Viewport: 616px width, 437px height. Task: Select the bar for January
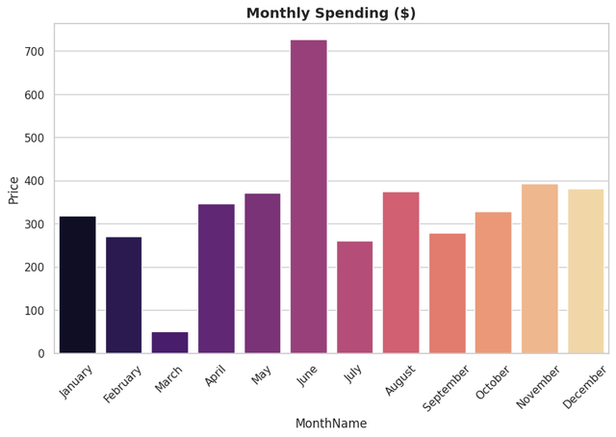77,285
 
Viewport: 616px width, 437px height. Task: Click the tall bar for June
308,196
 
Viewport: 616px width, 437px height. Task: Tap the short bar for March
169,343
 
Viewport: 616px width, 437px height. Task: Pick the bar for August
400,272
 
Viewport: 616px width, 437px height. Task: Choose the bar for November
539,269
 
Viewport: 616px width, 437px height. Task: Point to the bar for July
354,297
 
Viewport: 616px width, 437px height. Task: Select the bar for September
447,294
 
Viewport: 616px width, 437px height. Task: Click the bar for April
216,279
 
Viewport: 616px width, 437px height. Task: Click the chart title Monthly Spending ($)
331,13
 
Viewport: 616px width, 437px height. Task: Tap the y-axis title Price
13,190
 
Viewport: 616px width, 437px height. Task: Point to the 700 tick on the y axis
35,52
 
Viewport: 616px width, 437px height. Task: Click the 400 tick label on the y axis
35,181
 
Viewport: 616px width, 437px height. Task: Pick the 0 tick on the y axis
40,353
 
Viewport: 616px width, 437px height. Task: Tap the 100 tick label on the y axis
35,311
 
